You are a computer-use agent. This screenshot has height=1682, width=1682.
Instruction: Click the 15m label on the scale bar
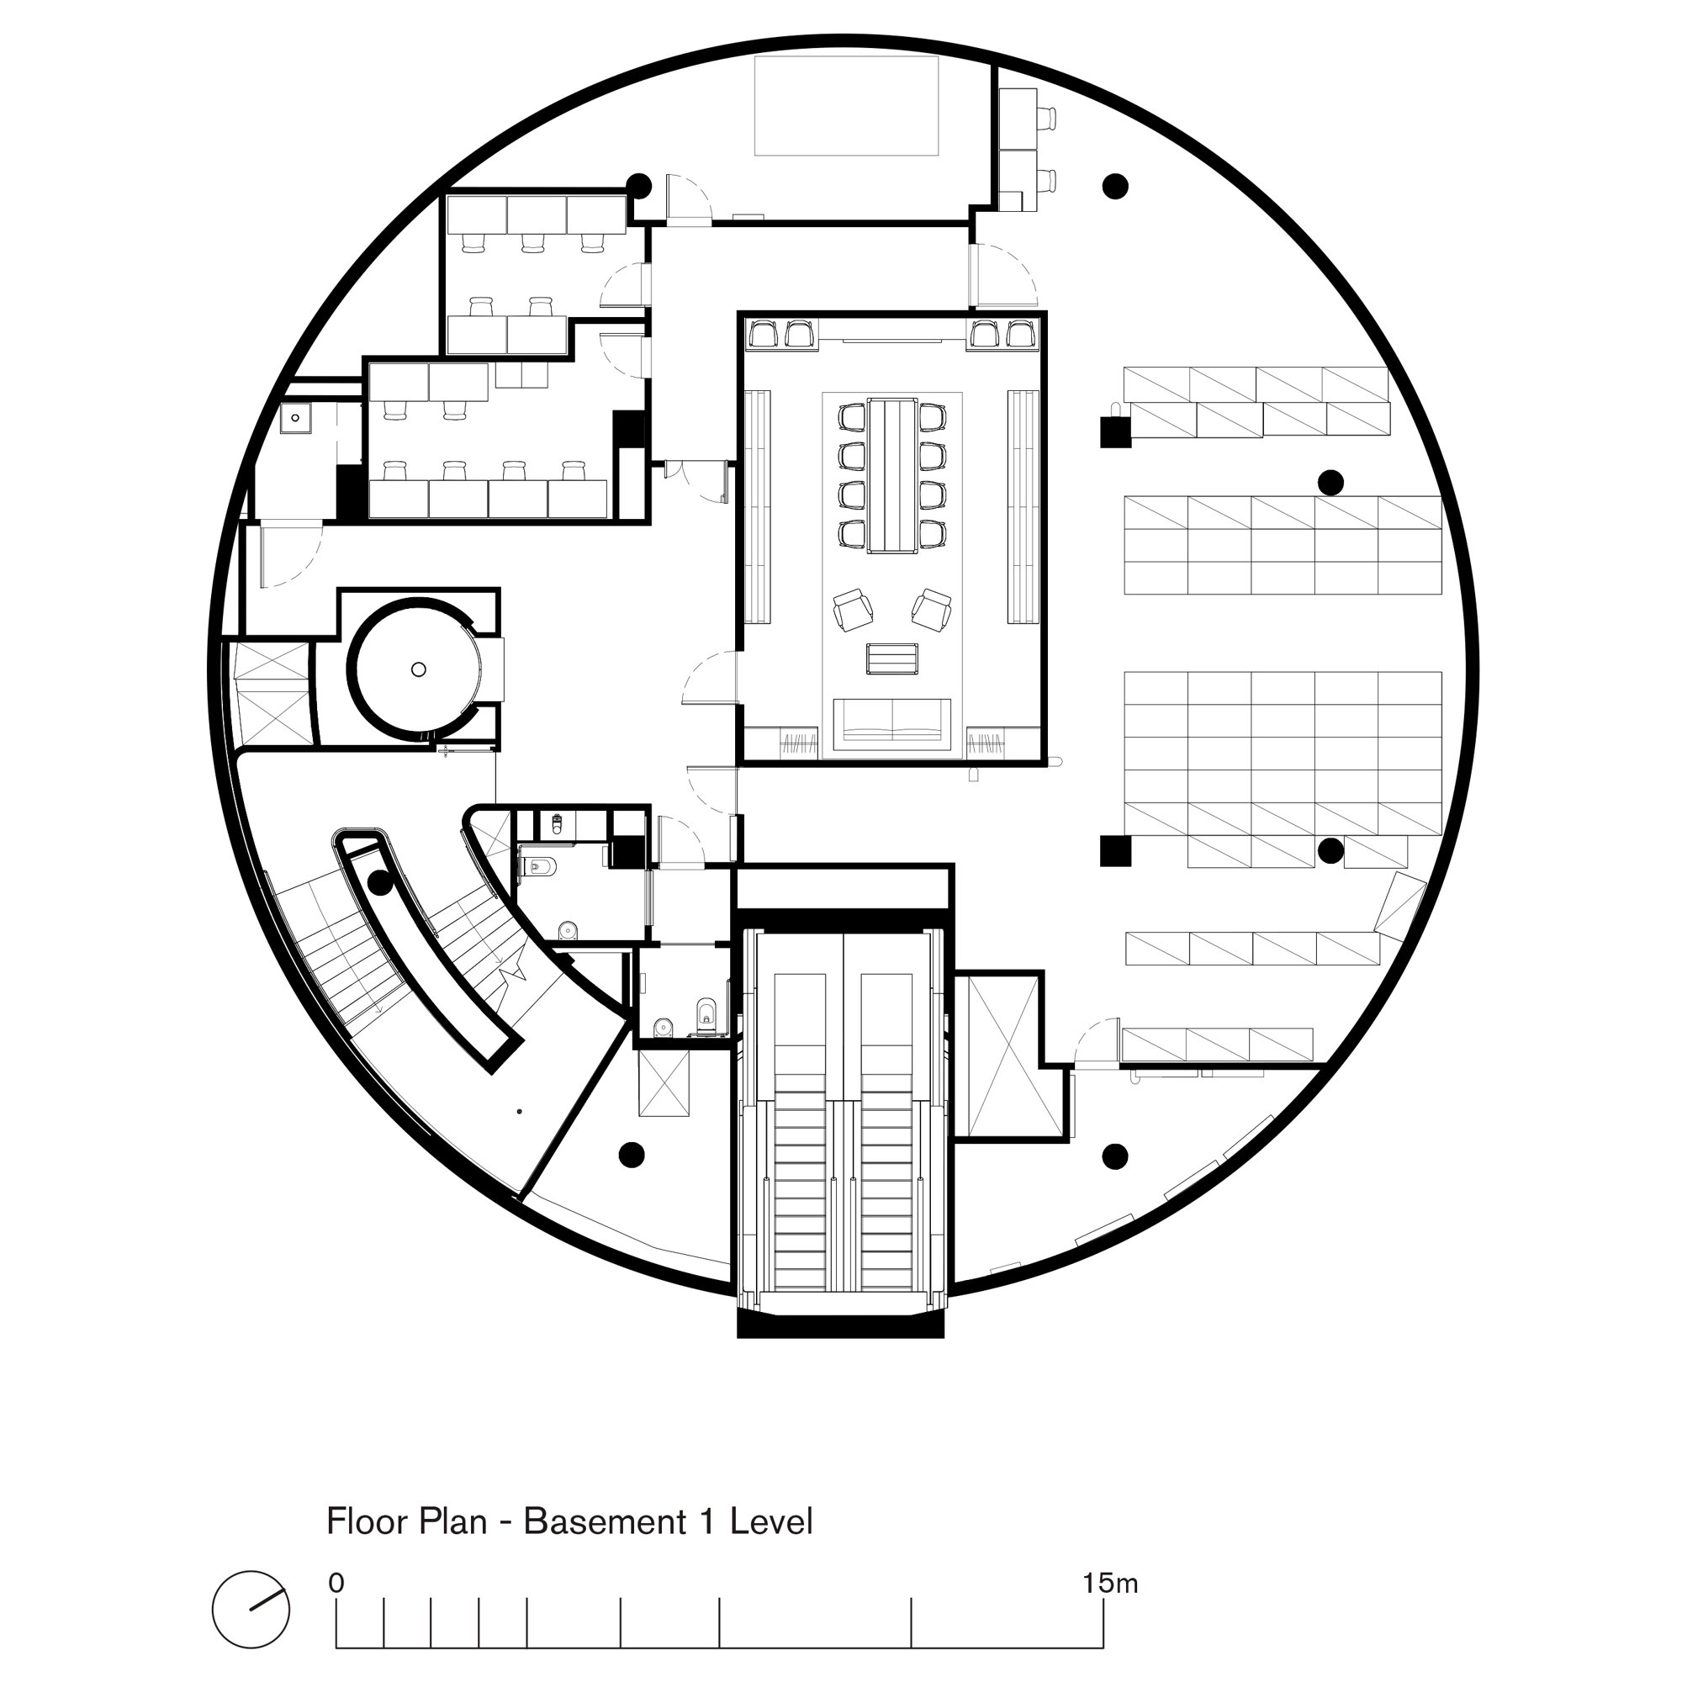tap(1110, 1583)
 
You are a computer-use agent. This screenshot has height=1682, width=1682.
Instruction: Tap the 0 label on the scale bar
tap(337, 1583)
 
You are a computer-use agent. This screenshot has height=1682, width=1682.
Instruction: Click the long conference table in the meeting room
tap(892, 475)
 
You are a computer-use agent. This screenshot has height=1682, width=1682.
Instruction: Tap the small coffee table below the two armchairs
tap(892, 659)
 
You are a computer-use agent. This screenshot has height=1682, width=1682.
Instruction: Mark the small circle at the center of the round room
tap(419, 669)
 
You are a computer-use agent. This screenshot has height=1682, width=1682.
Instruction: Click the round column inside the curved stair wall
tap(378, 884)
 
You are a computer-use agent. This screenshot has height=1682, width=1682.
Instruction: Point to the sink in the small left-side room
tap(296, 418)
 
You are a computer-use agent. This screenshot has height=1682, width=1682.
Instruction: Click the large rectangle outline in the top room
tap(846, 106)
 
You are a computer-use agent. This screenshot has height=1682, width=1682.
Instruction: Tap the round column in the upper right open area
tap(1115, 185)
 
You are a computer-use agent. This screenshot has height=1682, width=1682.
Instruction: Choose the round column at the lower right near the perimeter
tap(1115, 1156)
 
